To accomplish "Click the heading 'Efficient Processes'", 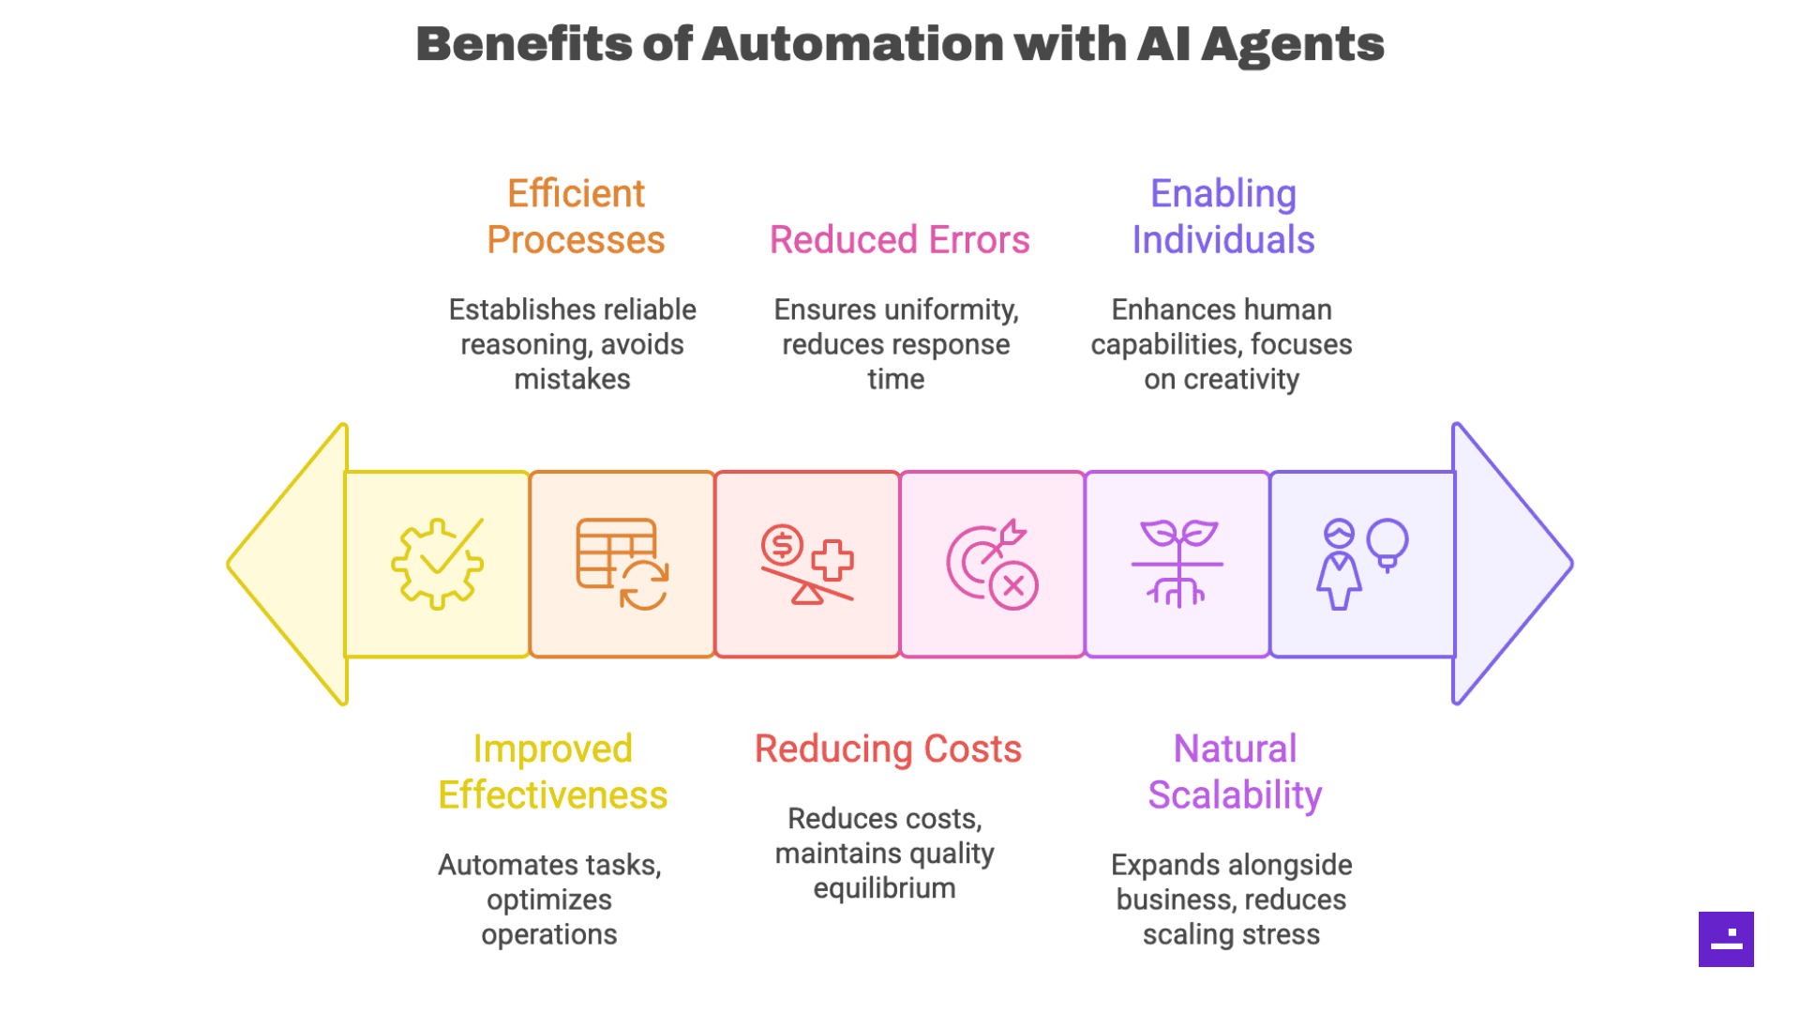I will point(576,217).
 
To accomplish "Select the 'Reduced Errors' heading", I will point(899,240).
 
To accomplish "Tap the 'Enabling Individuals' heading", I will point(1222,217).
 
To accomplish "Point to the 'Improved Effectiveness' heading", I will point(552,772).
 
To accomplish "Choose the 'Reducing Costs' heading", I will point(888,749).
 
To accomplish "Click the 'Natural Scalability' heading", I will point(1235,772).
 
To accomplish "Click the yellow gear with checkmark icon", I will point(437,564).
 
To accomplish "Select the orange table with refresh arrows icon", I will point(622,564).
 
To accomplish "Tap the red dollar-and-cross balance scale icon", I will point(807,564).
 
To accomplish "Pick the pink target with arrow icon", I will point(992,564).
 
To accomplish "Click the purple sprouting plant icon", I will point(1177,564).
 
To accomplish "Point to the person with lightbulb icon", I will point(1362,564).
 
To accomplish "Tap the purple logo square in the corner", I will point(1726,939).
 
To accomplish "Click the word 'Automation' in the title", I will point(852,44).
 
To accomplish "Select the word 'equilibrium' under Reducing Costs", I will point(884,888).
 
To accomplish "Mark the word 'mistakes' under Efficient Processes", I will point(572,380).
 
